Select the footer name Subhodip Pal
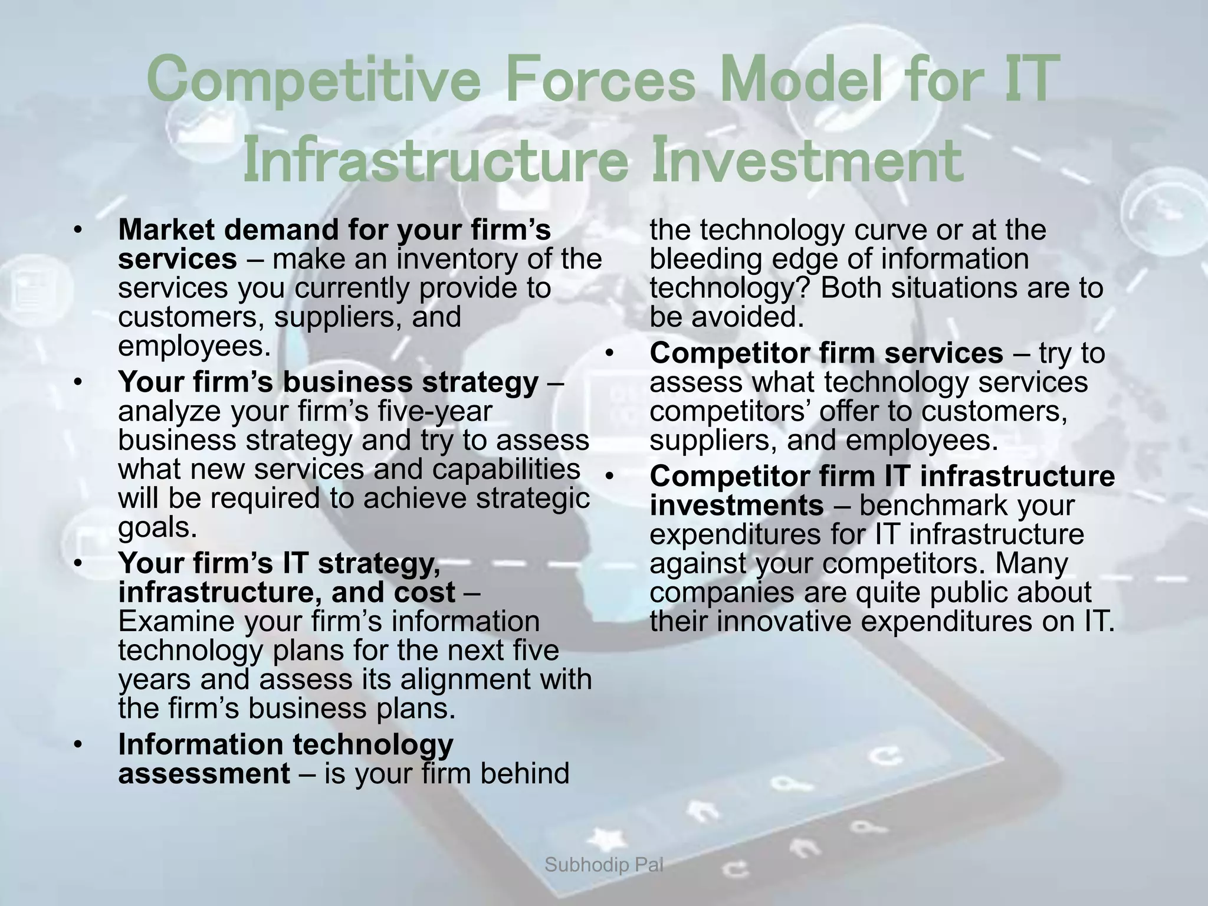coord(604,865)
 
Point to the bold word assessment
coord(204,773)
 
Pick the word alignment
coord(478,679)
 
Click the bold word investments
coord(736,506)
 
